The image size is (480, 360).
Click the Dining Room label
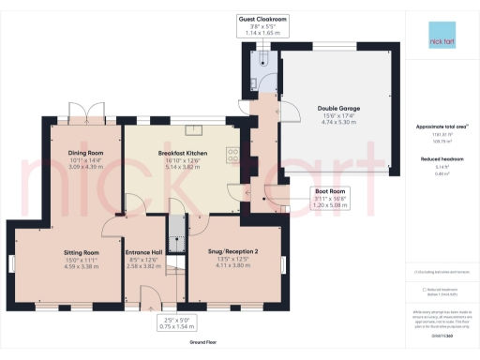click(84, 153)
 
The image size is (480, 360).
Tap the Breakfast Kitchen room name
click(183, 153)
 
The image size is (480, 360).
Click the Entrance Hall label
click(144, 253)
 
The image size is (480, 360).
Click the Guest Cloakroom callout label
click(262, 18)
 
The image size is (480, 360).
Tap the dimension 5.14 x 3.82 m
click(183, 166)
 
